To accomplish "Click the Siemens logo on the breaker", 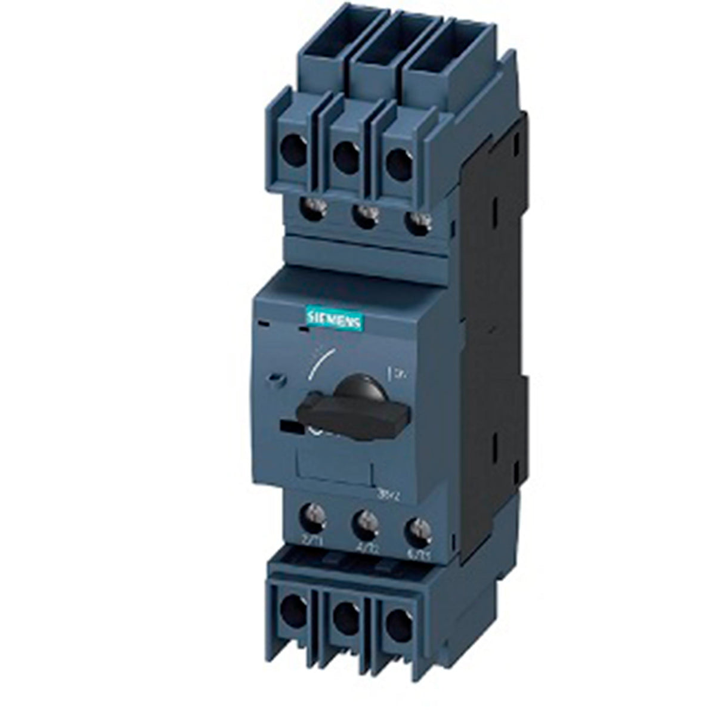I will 333,321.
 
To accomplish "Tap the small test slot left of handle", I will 276,378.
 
